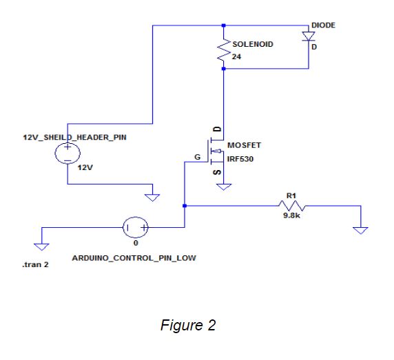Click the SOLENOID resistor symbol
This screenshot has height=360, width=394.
tap(224, 50)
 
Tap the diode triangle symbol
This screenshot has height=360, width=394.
tap(309, 36)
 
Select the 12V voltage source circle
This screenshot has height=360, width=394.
tap(68, 153)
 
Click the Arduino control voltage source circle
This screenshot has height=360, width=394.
tap(136, 227)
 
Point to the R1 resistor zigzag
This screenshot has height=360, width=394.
tap(292, 206)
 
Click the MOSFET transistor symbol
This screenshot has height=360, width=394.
tap(216, 151)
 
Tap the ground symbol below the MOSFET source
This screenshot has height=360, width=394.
tap(224, 187)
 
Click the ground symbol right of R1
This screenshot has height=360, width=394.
tap(360, 231)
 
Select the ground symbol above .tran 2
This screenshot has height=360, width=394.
tap(41, 247)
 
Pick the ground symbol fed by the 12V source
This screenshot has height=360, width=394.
tap(152, 198)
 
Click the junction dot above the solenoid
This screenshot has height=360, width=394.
tap(224, 25)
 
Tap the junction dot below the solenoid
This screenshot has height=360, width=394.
tap(224, 69)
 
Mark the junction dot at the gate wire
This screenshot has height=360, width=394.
tap(185, 206)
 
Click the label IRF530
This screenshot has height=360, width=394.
tap(240, 159)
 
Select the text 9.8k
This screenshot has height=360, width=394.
tap(292, 215)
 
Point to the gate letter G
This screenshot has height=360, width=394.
tap(198, 157)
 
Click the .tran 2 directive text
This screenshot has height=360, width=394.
tap(35, 264)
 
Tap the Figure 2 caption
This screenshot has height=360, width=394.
tap(188, 326)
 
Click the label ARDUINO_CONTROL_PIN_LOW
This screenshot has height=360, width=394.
tap(134, 258)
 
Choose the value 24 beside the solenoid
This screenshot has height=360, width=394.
tap(236, 56)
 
